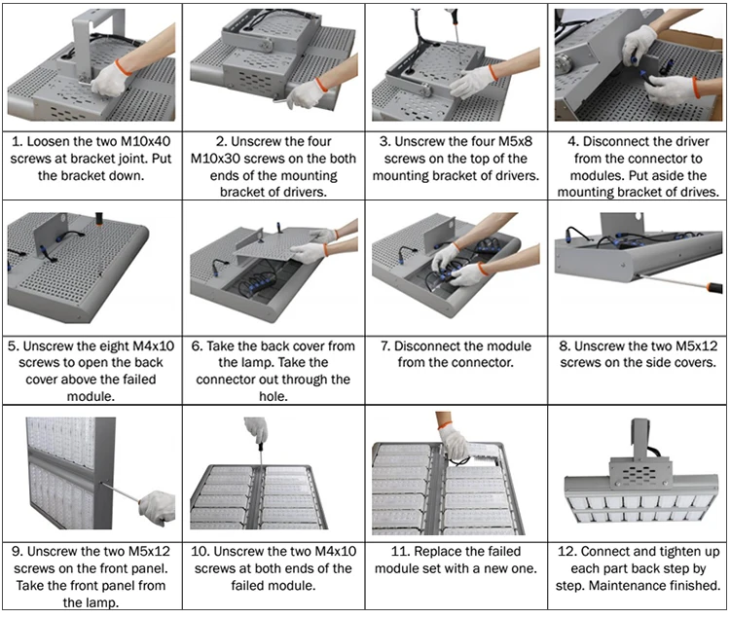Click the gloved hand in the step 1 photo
pos(109,78)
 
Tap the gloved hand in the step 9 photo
pos(157,506)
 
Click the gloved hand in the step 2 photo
pos(310,92)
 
